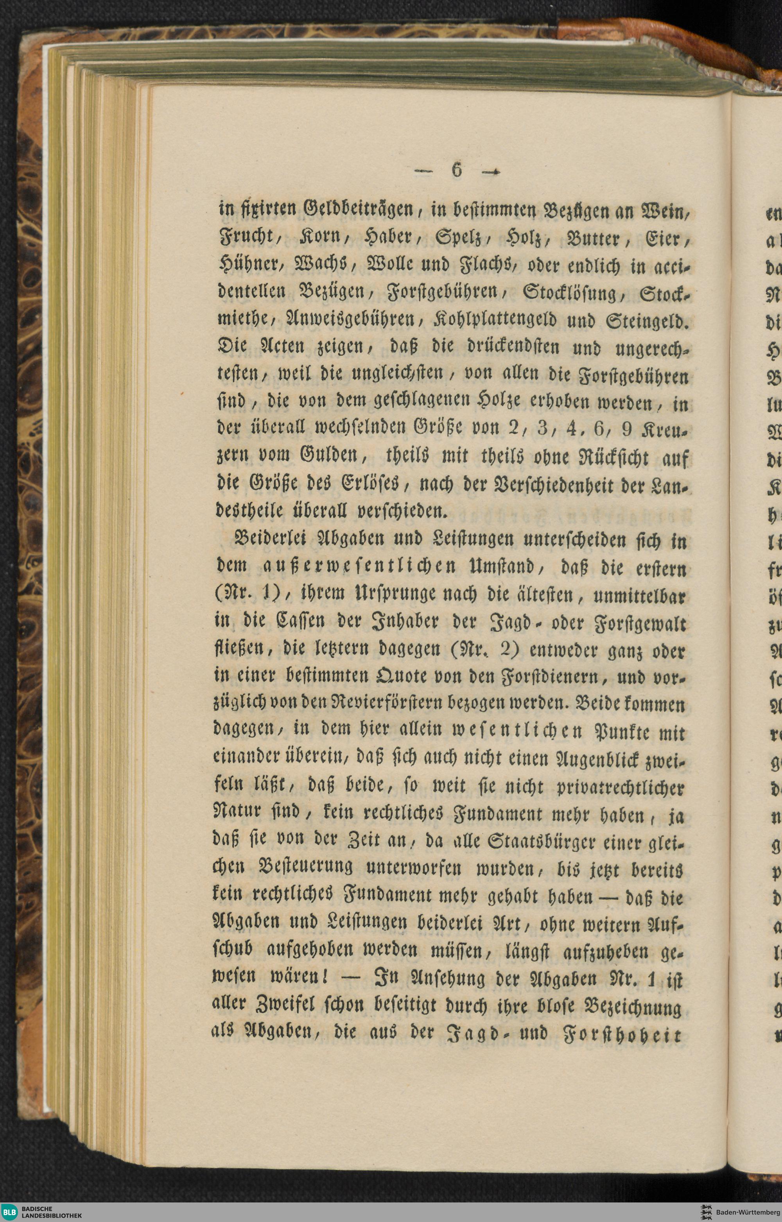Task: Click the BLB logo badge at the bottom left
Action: click(10, 1212)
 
